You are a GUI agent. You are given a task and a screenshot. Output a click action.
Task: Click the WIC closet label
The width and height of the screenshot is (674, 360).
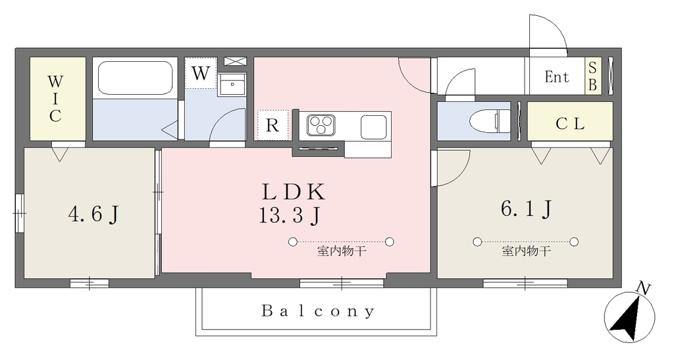click(55, 98)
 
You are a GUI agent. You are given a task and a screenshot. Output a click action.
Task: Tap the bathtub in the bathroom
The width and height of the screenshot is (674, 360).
click(136, 77)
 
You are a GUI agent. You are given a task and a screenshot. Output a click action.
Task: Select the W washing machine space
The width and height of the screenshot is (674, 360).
click(200, 73)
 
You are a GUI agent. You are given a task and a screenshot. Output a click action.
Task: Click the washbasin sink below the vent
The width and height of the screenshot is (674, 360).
click(232, 84)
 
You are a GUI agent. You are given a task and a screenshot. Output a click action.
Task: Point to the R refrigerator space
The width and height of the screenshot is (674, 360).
click(272, 125)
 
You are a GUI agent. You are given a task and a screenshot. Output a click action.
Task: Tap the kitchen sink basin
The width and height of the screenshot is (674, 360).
click(374, 127)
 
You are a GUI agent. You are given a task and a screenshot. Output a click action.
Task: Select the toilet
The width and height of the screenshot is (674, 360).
click(490, 120)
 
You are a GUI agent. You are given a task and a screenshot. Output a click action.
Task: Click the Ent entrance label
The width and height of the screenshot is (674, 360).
click(557, 77)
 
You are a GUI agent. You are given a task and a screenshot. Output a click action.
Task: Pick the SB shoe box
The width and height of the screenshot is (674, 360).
click(593, 76)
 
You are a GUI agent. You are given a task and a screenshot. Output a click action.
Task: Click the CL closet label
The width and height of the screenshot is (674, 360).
click(570, 124)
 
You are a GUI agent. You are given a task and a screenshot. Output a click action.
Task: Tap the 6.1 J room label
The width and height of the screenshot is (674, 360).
click(526, 209)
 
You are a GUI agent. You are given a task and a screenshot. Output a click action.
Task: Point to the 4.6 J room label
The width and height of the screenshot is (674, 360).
click(93, 213)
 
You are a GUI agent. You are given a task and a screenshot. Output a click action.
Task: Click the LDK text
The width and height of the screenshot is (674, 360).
click(294, 192)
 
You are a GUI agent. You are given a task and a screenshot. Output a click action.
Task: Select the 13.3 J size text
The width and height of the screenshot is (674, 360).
click(290, 215)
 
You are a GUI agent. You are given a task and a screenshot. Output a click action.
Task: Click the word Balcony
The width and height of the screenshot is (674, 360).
click(318, 311)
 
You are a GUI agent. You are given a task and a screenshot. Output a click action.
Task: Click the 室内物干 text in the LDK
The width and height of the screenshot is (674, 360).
click(342, 251)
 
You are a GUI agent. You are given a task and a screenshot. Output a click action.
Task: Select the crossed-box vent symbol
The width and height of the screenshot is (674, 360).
click(236, 61)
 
